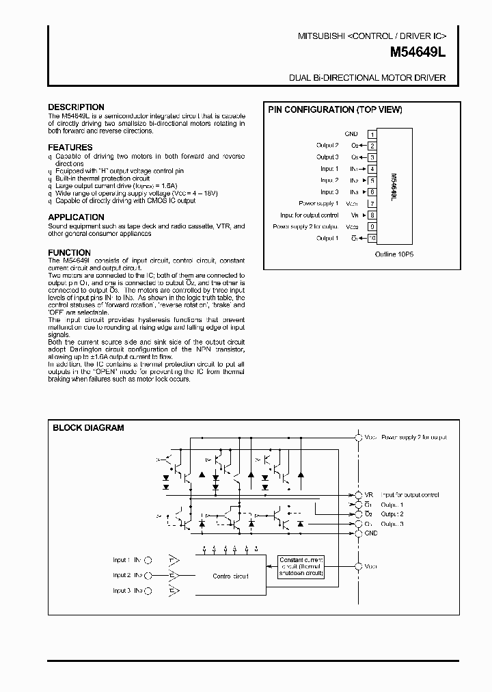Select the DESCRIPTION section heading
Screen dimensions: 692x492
(x=76, y=107)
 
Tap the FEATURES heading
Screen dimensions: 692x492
(x=70, y=148)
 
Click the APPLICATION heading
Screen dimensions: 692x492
(x=76, y=217)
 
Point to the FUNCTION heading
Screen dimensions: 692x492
(x=69, y=253)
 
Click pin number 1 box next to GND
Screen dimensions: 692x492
(x=372, y=135)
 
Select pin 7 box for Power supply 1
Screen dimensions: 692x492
(x=372, y=204)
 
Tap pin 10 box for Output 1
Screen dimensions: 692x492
(x=372, y=239)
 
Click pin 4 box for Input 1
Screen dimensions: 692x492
(x=372, y=169)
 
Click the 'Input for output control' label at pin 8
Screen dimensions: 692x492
(x=310, y=215)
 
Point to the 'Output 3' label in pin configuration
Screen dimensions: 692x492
(x=327, y=157)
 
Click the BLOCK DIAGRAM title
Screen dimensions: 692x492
(x=89, y=428)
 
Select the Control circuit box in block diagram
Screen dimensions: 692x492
(x=230, y=576)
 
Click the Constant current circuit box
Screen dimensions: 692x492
(x=301, y=567)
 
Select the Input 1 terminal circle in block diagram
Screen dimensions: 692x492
(x=150, y=560)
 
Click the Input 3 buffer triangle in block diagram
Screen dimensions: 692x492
(x=174, y=590)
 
